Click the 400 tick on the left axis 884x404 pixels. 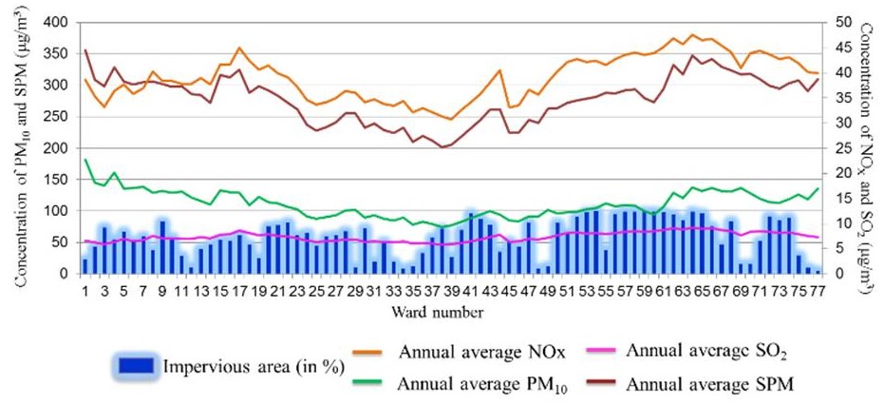pyautogui.click(x=55, y=22)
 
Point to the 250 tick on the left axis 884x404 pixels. pyautogui.click(x=55, y=116)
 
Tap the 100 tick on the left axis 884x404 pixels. pyautogui.click(x=55, y=211)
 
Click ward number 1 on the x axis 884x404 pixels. pyautogui.click(x=85, y=291)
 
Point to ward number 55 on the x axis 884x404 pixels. pyautogui.click(x=605, y=291)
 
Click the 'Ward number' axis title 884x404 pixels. pyautogui.click(x=445, y=311)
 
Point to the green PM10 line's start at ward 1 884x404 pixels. pyautogui.click(x=85, y=160)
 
